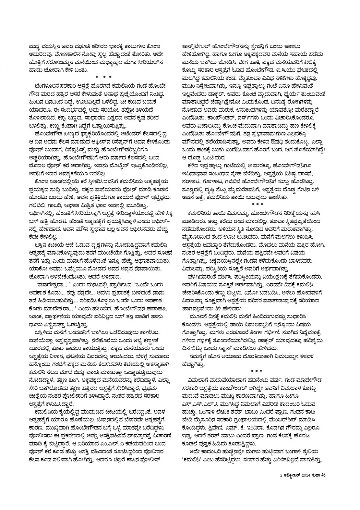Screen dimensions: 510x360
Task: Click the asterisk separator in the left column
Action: point(104,77)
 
